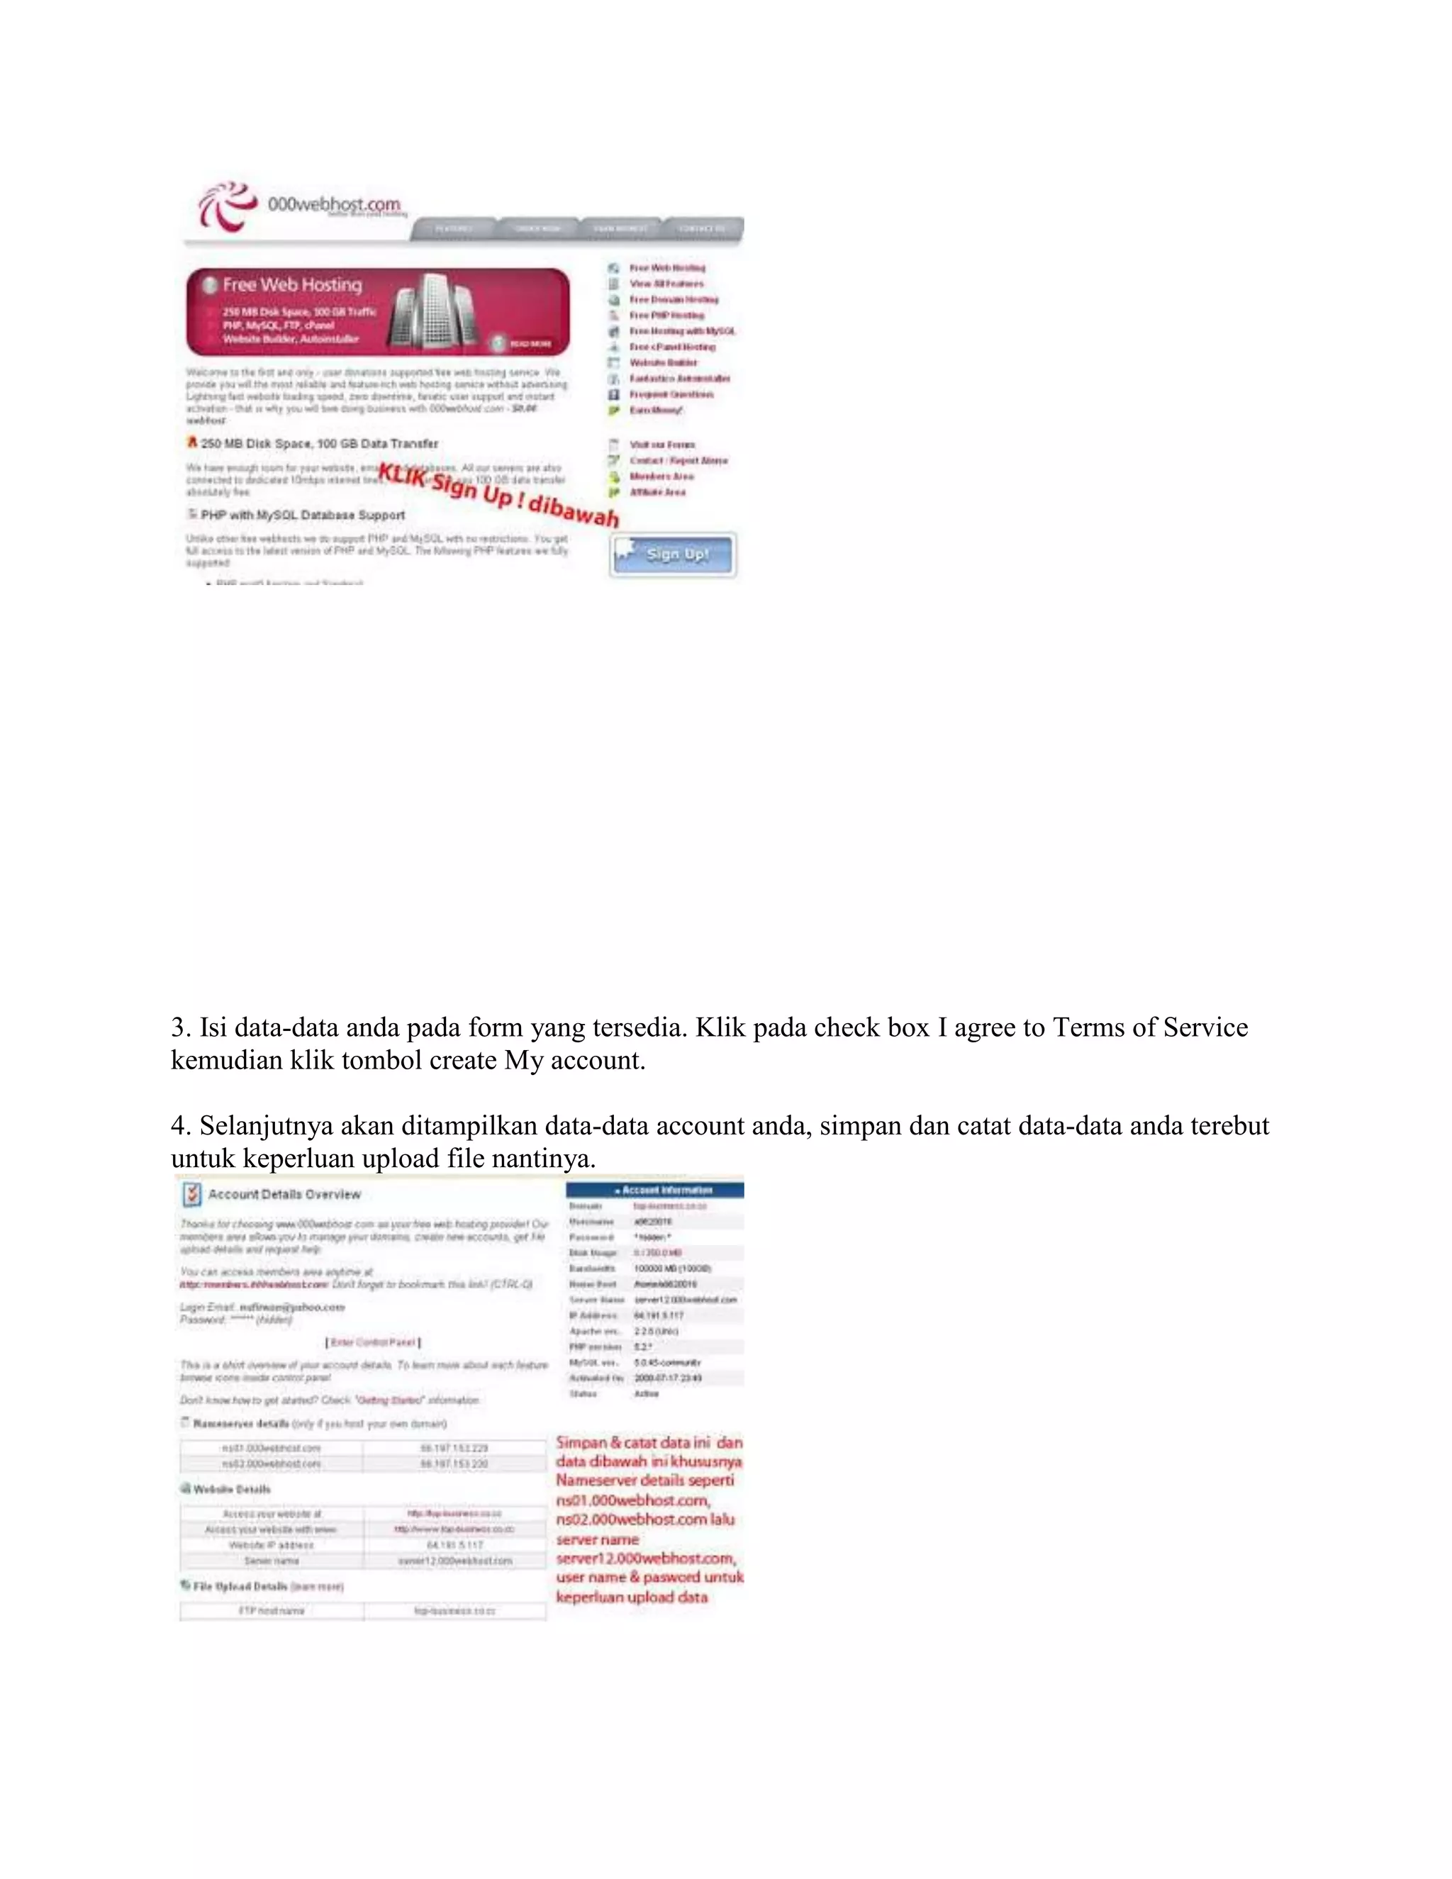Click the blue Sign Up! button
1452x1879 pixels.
pyautogui.click(x=673, y=555)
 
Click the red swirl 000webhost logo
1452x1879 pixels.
pyautogui.click(x=226, y=206)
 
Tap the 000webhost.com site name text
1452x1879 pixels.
pyautogui.click(x=334, y=205)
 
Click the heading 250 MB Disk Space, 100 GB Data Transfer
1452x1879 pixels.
pyautogui.click(x=319, y=444)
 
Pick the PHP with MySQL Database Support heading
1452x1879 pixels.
pyautogui.click(x=302, y=515)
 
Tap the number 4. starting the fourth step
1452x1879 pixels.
pyautogui.click(x=180, y=1126)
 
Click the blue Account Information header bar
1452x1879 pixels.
pyautogui.click(x=654, y=1190)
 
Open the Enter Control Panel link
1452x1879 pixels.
pyautogui.click(x=374, y=1342)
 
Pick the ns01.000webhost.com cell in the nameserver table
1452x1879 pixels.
pyautogui.click(x=271, y=1448)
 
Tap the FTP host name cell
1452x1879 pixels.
pyautogui.click(x=271, y=1610)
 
